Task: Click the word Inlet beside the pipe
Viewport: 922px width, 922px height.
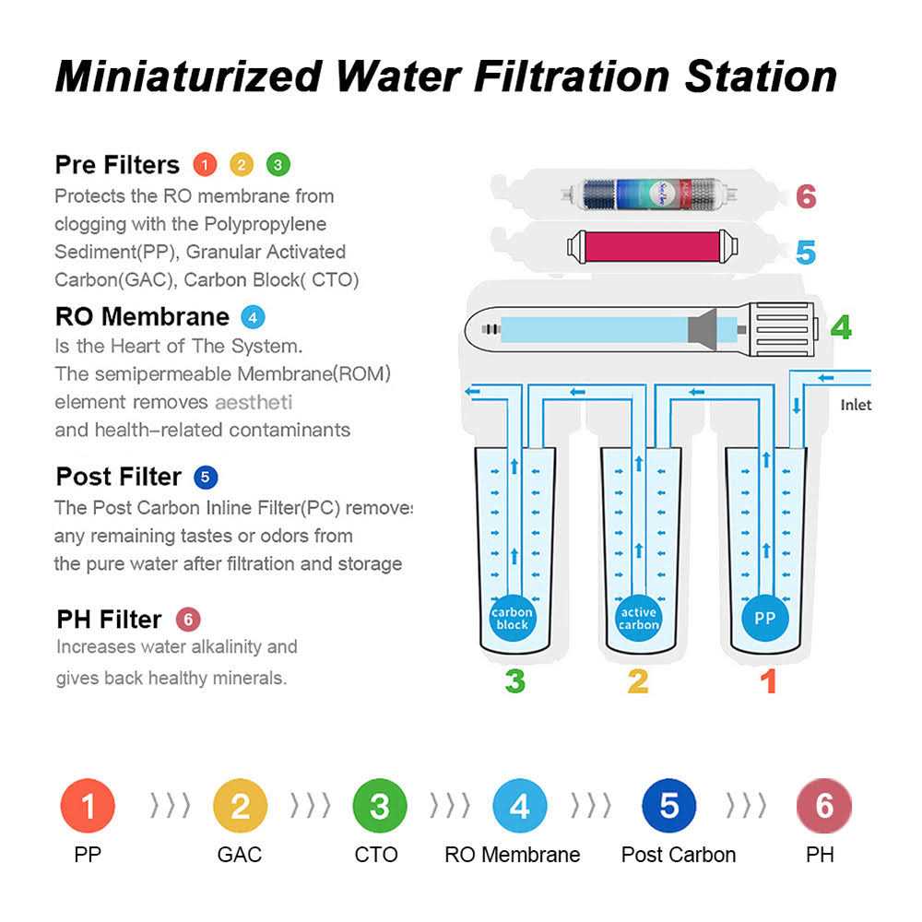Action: [856, 405]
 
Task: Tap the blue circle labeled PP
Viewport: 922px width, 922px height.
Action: [765, 619]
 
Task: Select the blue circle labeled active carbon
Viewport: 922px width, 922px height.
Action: [638, 619]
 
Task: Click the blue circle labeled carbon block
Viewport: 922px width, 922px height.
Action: [512, 619]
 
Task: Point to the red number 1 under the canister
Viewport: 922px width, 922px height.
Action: [767, 682]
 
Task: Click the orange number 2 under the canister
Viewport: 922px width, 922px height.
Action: [638, 682]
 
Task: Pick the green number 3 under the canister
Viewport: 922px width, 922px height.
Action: [514, 682]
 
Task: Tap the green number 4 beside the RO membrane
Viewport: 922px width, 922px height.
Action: [840, 327]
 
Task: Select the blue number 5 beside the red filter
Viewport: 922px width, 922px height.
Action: [806, 252]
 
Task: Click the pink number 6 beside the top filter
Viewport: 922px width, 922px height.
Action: [806, 196]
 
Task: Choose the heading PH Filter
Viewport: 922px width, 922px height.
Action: [108, 619]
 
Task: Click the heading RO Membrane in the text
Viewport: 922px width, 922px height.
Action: [142, 316]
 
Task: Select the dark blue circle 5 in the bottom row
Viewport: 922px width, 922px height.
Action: [669, 807]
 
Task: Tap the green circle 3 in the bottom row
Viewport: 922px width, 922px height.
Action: [380, 807]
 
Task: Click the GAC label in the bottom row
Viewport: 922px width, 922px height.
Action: [240, 855]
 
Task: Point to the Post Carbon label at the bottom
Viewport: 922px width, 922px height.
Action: [679, 855]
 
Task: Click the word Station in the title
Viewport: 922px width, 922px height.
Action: [761, 77]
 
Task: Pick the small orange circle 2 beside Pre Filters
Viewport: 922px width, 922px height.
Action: [241, 165]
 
